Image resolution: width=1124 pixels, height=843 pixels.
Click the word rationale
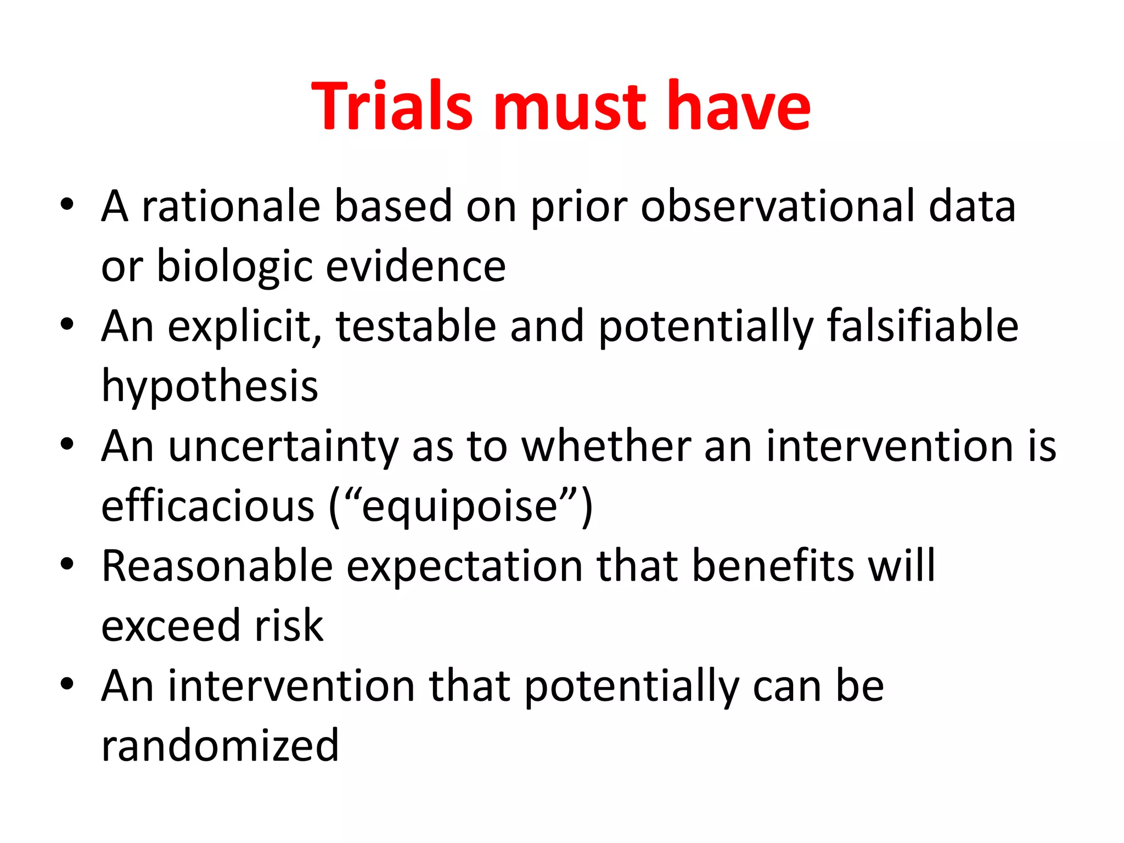click(231, 206)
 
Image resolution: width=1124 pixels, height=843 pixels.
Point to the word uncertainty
click(283, 447)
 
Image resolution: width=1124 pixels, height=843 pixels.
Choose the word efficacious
click(208, 506)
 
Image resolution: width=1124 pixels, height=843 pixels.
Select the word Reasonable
click(217, 566)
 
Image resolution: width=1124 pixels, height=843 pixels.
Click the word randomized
click(220, 745)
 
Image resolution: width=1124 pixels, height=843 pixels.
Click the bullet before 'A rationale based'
click(67, 205)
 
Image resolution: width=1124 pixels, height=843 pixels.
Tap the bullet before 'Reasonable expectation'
click(67, 564)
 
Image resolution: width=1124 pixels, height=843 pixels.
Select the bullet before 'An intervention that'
click(67, 684)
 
